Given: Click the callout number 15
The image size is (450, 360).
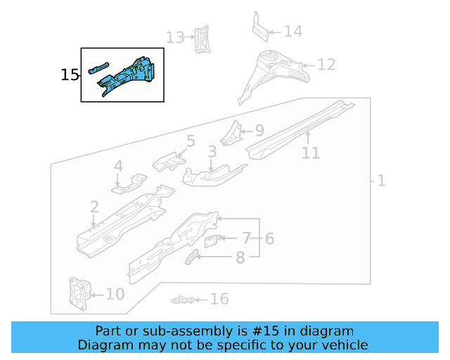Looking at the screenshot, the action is point(70,75).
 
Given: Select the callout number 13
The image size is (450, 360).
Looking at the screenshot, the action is point(175,37).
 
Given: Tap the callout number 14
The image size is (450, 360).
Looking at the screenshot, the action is point(293,31).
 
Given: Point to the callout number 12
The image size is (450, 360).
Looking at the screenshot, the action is point(326,65).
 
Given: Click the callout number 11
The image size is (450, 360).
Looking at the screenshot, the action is point(310,153).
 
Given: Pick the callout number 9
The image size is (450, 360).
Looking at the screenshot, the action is point(259,130).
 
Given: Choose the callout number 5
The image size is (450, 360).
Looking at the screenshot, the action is point(190,141).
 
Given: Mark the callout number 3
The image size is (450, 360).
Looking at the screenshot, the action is point(212,152).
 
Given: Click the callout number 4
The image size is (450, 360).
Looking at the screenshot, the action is point(118,167).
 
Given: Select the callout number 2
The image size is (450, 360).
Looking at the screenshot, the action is point(94,207).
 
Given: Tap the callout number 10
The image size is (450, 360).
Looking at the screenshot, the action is point(115,294).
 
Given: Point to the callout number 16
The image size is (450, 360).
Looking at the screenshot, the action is point(219,300).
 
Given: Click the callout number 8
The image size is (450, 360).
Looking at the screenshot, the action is point(240,258).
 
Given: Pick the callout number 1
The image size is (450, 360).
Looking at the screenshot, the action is point(381,181).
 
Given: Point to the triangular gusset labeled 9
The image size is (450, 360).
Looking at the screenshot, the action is point(231,131).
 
